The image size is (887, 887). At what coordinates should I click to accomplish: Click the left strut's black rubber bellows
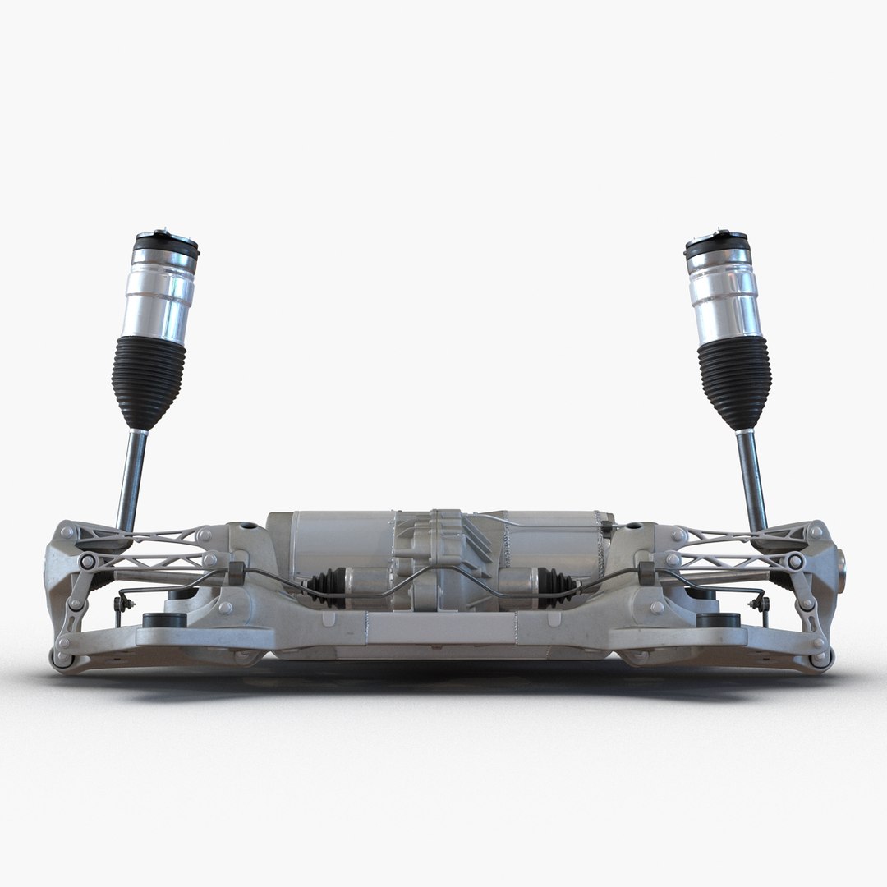[x=148, y=381]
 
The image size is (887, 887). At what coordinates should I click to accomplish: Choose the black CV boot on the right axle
[x=558, y=586]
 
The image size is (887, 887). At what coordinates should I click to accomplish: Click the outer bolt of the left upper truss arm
[x=87, y=562]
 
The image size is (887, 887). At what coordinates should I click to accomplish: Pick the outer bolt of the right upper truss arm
[x=795, y=562]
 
